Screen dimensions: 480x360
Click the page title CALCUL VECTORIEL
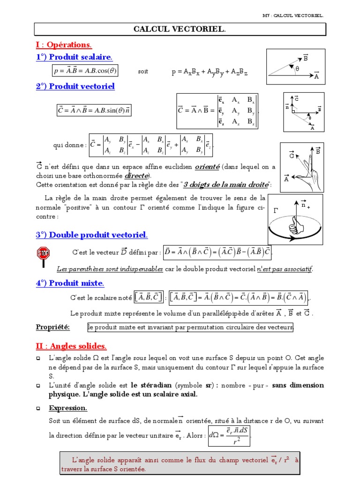[180, 30]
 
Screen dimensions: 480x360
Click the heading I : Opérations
[64, 45]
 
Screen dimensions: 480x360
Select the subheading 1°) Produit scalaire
[74, 57]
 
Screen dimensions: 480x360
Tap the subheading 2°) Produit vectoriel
[75, 86]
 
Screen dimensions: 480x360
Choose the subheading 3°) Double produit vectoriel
[92, 234]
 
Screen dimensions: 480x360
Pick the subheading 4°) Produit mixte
[70, 283]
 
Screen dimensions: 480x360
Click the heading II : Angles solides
[71, 346]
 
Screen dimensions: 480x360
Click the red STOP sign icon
[43, 254]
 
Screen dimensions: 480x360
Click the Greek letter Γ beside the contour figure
[275, 210]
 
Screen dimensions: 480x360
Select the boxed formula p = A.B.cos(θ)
[85, 71]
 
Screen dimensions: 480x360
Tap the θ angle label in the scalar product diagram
[297, 68]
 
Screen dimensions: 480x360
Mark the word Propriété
[52, 327]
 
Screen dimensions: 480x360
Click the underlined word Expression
[67, 408]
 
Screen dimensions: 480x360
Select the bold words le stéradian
[152, 385]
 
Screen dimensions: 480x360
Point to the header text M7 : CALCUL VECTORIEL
[293, 15]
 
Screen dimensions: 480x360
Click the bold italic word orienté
[207, 166]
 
